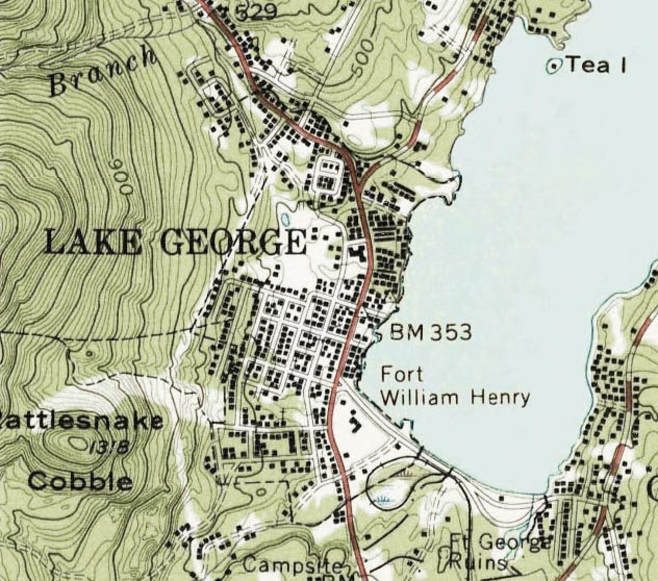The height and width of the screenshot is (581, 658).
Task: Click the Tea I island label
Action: (596, 65)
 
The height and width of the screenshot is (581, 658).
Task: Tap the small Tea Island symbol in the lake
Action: (554, 66)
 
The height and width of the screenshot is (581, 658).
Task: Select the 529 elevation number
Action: (256, 12)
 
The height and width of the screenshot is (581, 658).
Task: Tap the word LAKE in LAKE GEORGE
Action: (92, 242)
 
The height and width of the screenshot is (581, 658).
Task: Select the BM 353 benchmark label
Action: (431, 332)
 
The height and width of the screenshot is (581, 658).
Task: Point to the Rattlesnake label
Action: (81, 421)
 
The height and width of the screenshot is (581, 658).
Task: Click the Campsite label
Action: (292, 565)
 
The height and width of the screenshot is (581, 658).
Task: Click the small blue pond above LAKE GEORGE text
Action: (285, 220)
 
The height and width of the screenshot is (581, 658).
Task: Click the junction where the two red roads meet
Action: (359, 183)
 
